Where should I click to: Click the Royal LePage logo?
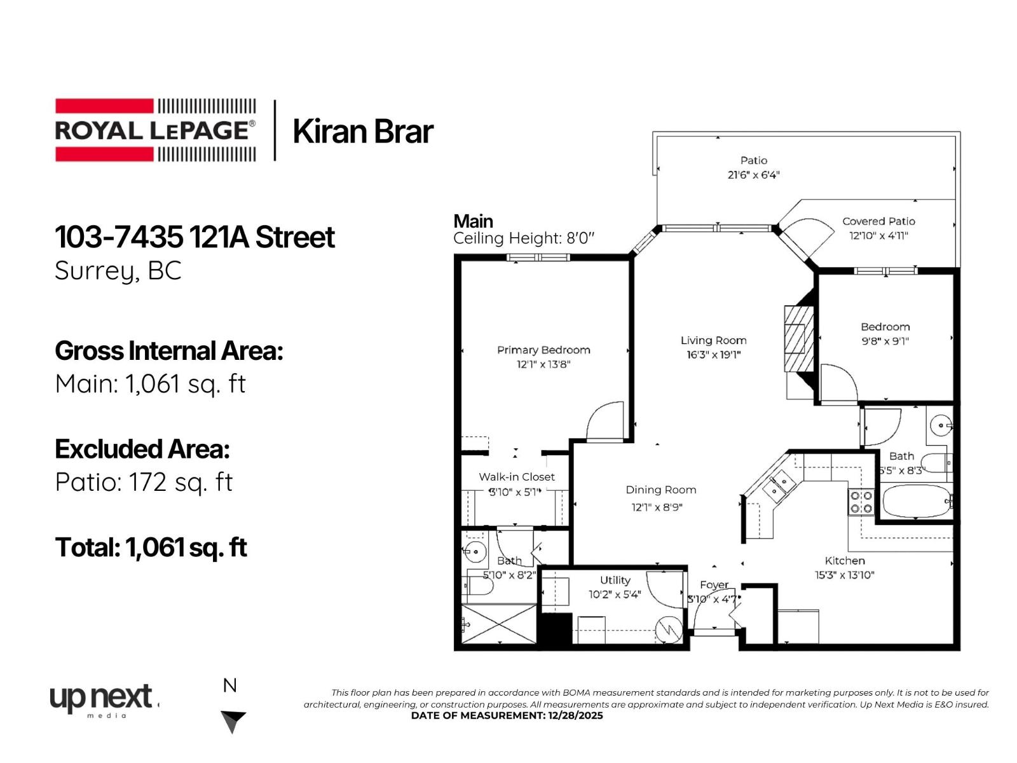pos(156,130)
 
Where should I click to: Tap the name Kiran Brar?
pos(362,132)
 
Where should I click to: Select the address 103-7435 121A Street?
pos(195,237)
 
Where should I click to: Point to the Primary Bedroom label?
pos(543,350)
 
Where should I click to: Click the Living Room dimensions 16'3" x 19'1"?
pos(713,355)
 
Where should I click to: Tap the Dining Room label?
pos(660,490)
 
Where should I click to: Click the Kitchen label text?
pos(844,561)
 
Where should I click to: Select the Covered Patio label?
pos(878,221)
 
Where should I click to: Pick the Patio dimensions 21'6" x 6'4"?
pos(753,175)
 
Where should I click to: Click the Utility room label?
pos(615,580)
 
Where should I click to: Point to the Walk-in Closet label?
pos(516,477)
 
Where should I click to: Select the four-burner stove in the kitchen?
pos(861,502)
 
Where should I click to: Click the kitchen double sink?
pos(779,486)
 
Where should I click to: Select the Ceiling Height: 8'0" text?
pos(523,238)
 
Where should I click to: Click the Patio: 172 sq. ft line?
pos(144,483)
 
